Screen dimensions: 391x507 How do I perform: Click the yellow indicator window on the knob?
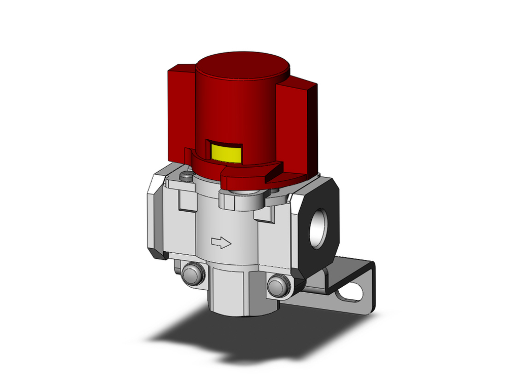click(226, 151)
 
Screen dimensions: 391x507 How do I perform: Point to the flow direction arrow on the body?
click(221, 244)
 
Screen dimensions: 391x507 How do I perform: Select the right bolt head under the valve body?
click(279, 286)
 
